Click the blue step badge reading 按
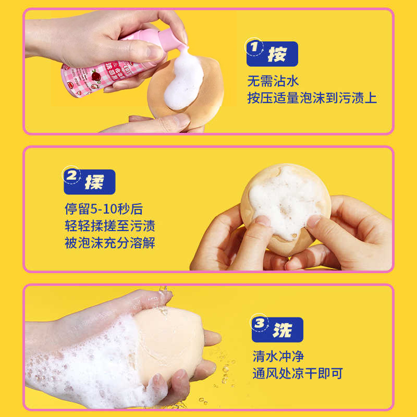point(272,54)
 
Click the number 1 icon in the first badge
point(254,48)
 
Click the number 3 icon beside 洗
point(259,324)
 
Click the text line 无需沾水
point(273,81)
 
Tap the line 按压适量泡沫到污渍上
point(312,97)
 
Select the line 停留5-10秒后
point(103,210)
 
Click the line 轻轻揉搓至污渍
point(109,226)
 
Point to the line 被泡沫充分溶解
point(109,243)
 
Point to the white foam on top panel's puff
point(185,83)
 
